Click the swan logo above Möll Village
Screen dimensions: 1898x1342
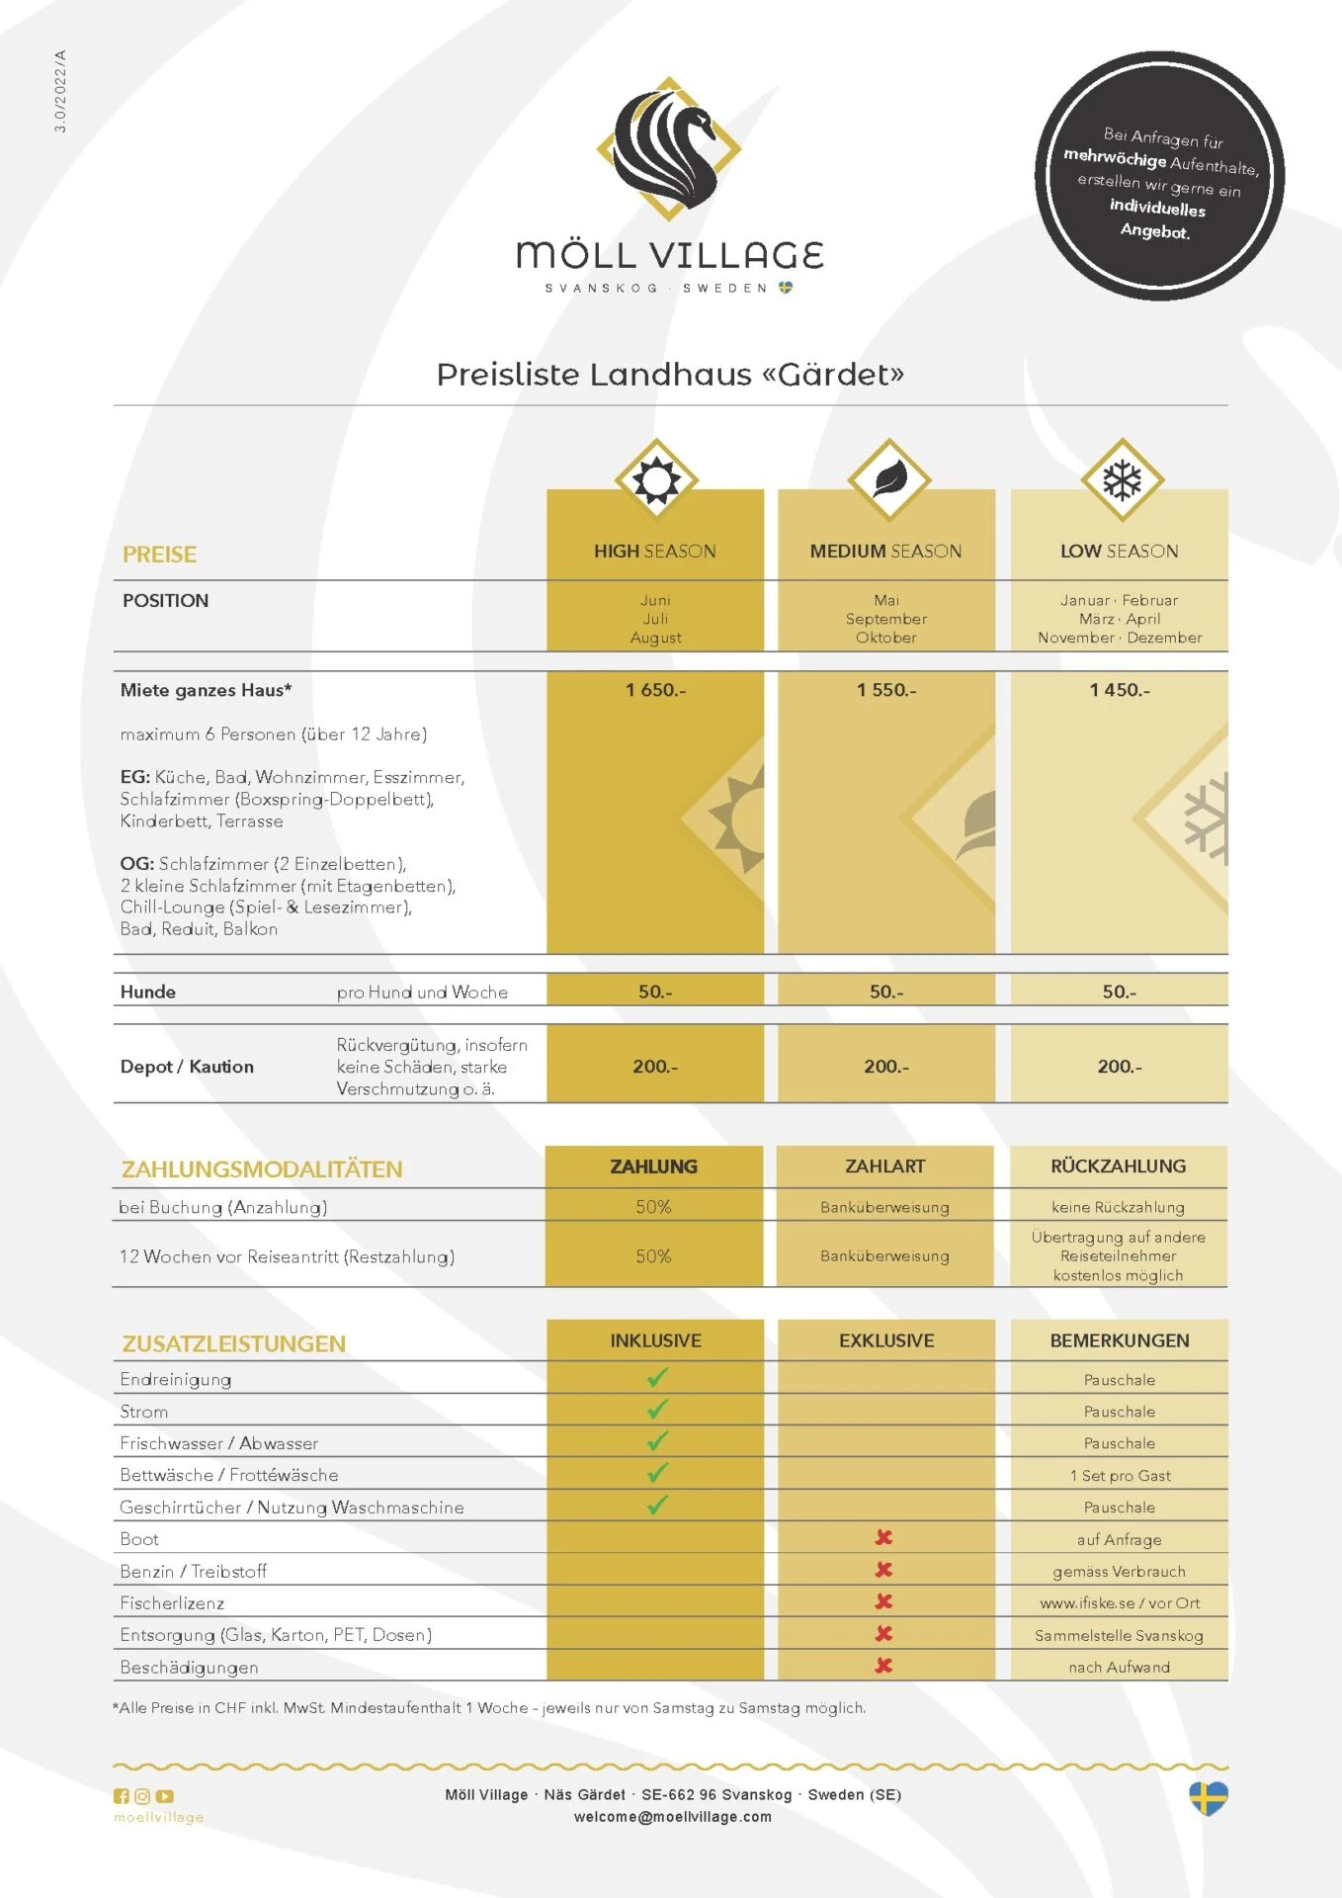pos(667,148)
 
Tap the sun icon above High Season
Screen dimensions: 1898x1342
pos(656,480)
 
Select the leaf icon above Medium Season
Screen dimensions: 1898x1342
pos(888,479)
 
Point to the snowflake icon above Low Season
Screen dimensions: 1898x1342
pos(1122,480)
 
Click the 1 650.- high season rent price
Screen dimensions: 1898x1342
pos(655,690)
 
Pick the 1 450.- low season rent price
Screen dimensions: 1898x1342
pos(1120,690)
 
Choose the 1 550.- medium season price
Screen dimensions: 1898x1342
pos(886,690)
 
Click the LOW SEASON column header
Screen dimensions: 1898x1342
pos(1119,552)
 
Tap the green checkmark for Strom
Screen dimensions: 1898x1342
pos(657,1409)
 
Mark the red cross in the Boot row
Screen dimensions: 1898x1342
pos(883,1537)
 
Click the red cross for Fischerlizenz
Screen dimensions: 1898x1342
pos(883,1601)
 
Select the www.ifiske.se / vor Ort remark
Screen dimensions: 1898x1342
pos(1120,1602)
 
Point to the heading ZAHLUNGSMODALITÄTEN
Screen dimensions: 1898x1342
pos(262,1169)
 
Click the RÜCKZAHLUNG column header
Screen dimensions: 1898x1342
pos(1118,1166)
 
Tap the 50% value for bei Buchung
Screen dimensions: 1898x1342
pos(653,1207)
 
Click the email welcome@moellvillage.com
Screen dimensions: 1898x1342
pos(672,1817)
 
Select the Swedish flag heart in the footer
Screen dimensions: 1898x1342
pos(1208,1798)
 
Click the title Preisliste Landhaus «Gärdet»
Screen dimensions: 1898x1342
pos(670,375)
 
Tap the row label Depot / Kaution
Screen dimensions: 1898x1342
pos(187,1067)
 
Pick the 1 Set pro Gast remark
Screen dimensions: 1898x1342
pos(1120,1475)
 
